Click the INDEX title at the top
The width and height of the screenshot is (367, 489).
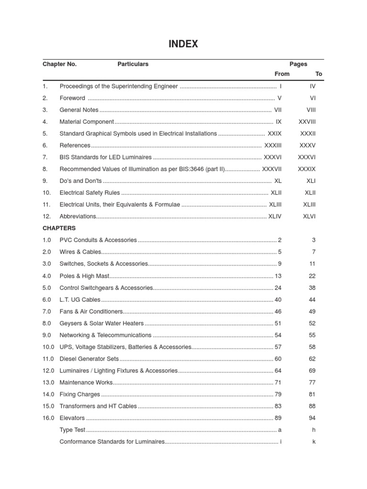click(x=183, y=44)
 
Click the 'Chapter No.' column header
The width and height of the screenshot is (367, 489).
click(x=59, y=64)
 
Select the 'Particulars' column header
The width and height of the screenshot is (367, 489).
click(x=133, y=64)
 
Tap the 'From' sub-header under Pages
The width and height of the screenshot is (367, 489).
click(x=282, y=74)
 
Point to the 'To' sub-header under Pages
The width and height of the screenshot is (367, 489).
click(x=319, y=74)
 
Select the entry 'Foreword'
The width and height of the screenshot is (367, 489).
click(x=72, y=98)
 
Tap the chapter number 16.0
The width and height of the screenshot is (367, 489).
click(x=49, y=418)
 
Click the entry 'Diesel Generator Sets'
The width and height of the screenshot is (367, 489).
click(x=89, y=359)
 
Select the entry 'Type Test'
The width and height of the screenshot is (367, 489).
click(x=73, y=430)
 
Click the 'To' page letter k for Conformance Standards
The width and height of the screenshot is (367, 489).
click(x=314, y=442)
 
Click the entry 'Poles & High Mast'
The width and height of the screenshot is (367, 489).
click(x=85, y=276)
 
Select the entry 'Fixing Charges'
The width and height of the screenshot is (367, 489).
click(x=80, y=394)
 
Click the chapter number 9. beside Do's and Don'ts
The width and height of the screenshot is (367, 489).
click(x=45, y=181)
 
